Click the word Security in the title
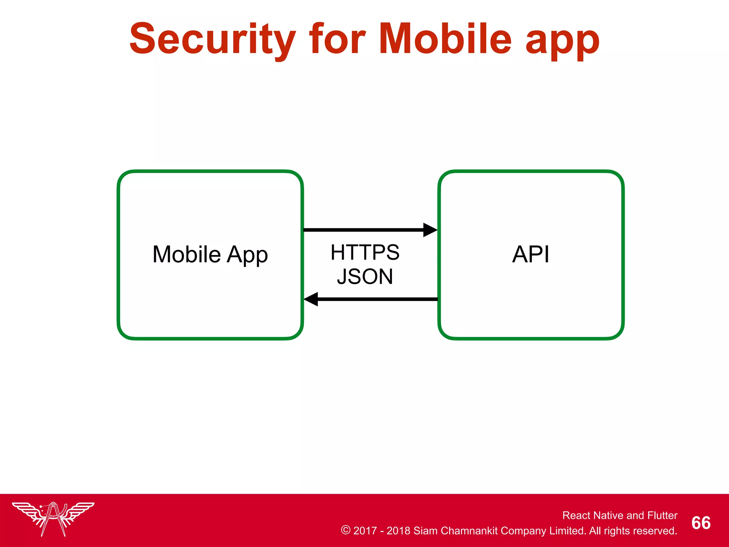(x=213, y=39)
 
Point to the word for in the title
(x=337, y=39)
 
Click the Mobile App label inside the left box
(x=210, y=255)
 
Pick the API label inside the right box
(x=531, y=254)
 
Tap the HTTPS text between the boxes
(x=365, y=252)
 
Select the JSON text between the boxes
(x=365, y=277)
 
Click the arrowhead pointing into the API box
(x=430, y=230)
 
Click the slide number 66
(x=701, y=523)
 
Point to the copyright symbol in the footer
(x=345, y=530)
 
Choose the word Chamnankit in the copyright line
(x=469, y=531)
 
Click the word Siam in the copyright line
(x=426, y=531)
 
